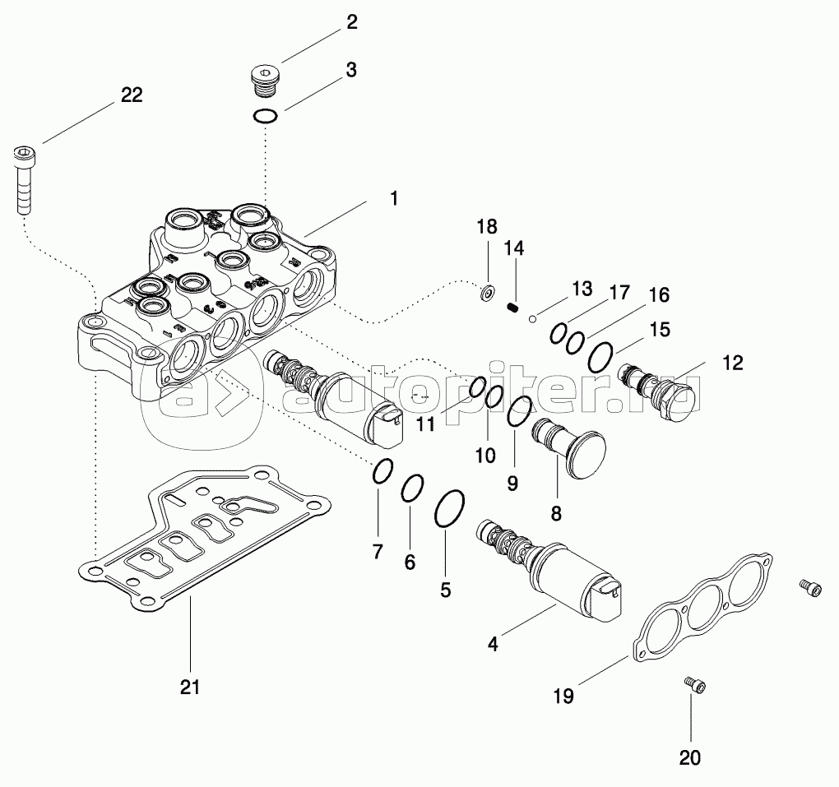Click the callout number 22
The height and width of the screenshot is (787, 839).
tap(131, 95)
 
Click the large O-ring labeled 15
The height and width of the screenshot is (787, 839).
tap(601, 357)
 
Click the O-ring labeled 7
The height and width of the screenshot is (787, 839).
tap(382, 473)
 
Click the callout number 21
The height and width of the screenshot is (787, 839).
tap(190, 687)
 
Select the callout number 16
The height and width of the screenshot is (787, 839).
tap(659, 294)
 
